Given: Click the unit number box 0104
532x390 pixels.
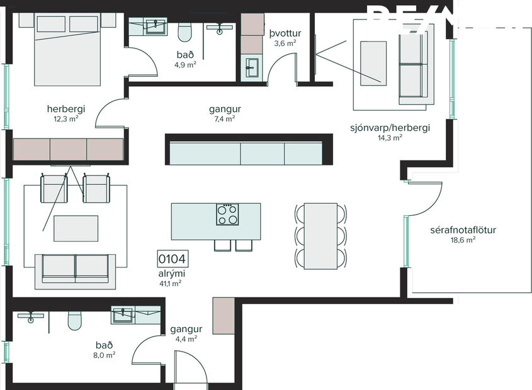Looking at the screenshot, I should coord(173,259).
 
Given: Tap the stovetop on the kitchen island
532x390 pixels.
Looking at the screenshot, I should coord(228,214).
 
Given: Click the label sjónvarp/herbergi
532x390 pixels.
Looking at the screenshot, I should coord(390,128).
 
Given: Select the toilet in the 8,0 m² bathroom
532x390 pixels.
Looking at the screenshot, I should coord(74,320).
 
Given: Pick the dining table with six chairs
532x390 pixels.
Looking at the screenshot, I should coord(320,236).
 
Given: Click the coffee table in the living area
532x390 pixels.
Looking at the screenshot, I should coord(76,228).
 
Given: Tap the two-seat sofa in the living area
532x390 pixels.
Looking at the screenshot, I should coord(75,269).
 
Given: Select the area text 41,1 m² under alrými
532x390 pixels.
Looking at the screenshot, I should coord(171,284).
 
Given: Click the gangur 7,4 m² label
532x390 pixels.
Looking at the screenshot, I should coord(225,113).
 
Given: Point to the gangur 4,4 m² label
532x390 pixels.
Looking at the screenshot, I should coord(186,333).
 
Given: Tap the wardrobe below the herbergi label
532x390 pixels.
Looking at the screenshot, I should coord(68,150).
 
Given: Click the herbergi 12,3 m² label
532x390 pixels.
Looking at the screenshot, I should coord(65,112).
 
